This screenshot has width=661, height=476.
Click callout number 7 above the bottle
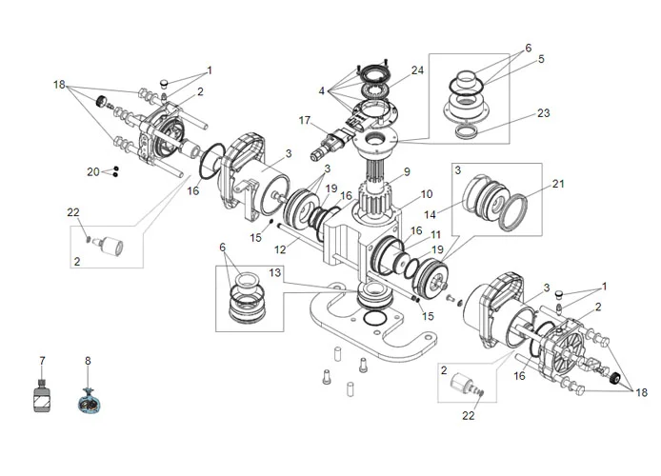tap(41, 362)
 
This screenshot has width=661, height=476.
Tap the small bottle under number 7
tap(41, 398)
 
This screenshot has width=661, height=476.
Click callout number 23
tap(542, 59)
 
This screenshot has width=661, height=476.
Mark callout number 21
tap(558, 183)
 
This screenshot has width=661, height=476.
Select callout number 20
tap(93, 172)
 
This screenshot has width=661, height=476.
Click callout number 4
tap(323, 91)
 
